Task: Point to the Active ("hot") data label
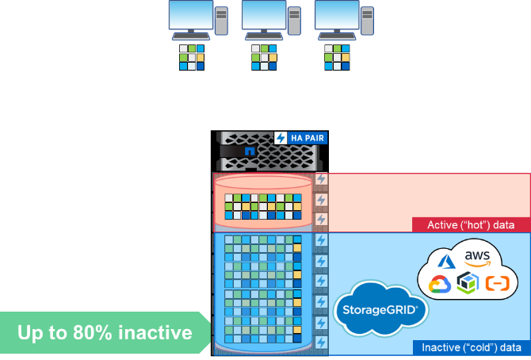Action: [x=471, y=225]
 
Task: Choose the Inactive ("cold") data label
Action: [x=471, y=347]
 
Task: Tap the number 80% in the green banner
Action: [x=104, y=332]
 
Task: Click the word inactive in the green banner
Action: [x=159, y=332]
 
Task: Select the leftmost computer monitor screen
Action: [x=191, y=15]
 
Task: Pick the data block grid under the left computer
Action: [x=191, y=57]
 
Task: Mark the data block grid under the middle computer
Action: [x=265, y=57]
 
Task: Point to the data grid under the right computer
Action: [x=338, y=57]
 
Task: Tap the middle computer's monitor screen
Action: [x=264, y=15]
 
